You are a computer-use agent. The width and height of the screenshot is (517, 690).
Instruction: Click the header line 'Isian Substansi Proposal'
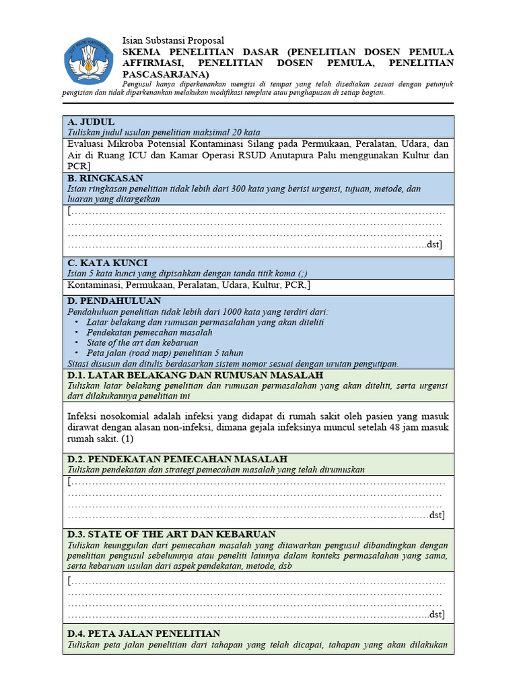[x=173, y=40]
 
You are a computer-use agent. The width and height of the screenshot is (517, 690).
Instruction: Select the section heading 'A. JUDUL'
[x=91, y=122]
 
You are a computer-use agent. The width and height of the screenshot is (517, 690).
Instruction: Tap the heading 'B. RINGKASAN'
[x=105, y=179]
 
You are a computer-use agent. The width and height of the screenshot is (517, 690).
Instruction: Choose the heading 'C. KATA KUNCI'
[x=108, y=262]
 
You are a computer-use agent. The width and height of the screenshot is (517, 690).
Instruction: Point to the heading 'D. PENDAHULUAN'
[x=114, y=301]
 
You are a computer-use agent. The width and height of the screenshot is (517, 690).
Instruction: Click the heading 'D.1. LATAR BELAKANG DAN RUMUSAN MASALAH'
[x=195, y=375]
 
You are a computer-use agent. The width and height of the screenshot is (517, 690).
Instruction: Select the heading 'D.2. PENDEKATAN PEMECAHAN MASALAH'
[x=178, y=459]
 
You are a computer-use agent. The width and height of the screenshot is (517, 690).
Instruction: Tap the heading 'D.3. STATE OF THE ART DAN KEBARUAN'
[x=172, y=534]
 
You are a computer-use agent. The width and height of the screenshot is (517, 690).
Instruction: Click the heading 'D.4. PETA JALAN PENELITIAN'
[x=144, y=633]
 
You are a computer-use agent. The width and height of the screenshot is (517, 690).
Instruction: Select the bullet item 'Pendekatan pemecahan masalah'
[x=149, y=332]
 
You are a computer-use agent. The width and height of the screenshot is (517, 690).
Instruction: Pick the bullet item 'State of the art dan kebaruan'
[x=143, y=342]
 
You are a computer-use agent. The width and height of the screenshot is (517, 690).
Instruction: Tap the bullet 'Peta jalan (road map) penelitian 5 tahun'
[x=165, y=352]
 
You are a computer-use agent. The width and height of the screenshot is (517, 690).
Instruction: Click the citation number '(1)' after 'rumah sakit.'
[x=129, y=439]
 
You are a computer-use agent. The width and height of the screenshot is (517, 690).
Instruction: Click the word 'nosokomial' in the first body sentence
[x=131, y=416]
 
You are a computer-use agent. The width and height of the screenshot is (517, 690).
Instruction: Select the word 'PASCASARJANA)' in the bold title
[x=166, y=74]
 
